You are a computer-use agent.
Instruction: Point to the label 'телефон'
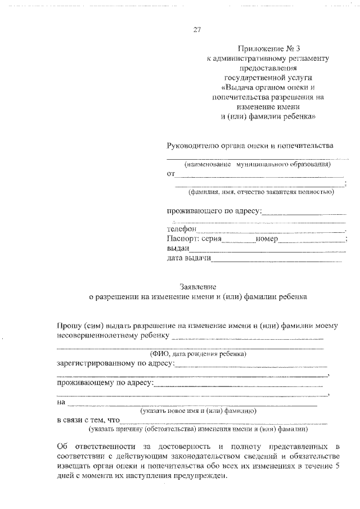click(181, 229)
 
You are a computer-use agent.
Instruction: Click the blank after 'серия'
click(239, 241)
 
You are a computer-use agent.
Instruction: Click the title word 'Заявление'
click(199, 286)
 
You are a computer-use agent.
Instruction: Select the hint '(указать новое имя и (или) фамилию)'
click(199, 411)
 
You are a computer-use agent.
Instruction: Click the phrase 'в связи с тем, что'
click(89, 420)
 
